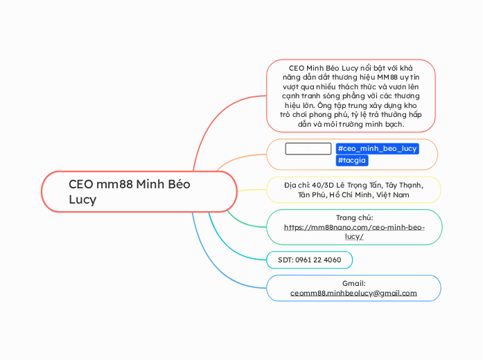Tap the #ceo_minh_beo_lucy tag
coord(377,148)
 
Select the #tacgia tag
coord(352,161)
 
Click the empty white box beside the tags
coord(308,148)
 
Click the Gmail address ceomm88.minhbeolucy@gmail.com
coord(353,293)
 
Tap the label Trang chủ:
coord(354,217)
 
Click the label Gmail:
coord(353,283)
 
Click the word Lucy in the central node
coord(82,199)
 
